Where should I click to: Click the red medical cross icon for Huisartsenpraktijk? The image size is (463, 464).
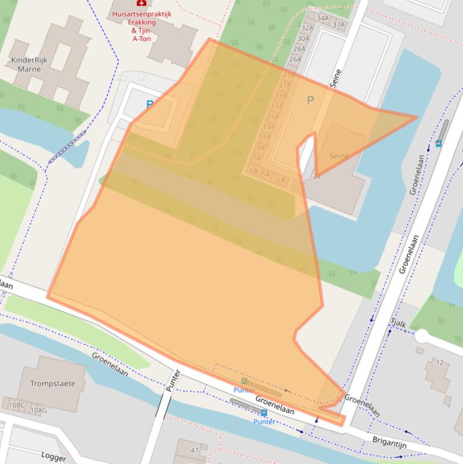(x=141, y=3)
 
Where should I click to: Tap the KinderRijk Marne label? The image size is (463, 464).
(x=29, y=64)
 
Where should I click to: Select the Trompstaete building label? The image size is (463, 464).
(x=53, y=383)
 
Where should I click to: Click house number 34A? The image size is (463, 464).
(x=323, y=18)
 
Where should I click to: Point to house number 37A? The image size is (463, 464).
(x=339, y=25)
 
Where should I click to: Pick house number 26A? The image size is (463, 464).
(x=295, y=59)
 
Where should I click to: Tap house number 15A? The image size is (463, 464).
(x=273, y=116)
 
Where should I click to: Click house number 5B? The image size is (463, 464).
(x=253, y=171)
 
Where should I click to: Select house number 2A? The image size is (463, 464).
(x=281, y=180)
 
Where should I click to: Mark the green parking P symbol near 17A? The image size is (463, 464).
(x=311, y=101)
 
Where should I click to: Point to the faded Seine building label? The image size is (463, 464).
(x=339, y=156)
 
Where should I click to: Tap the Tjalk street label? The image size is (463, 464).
(x=398, y=324)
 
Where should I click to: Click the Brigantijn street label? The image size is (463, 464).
(x=390, y=445)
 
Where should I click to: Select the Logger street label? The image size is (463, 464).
(x=54, y=457)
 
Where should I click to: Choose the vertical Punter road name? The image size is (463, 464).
(x=172, y=380)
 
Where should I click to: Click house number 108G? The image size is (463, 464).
(x=39, y=410)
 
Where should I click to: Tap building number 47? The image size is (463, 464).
(x=194, y=450)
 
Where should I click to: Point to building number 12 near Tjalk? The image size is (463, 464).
(x=440, y=362)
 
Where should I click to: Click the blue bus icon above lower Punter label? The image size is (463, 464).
(x=264, y=413)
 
